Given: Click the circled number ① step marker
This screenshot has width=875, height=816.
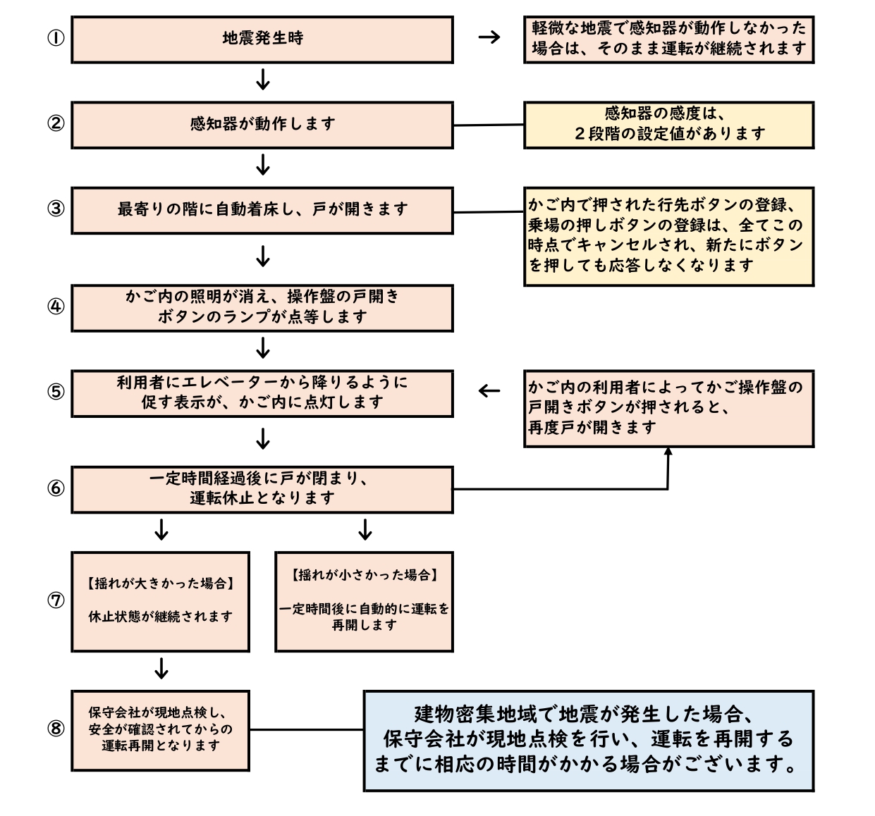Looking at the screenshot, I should point(56,38).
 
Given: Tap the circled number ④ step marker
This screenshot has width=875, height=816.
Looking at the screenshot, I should point(56,307).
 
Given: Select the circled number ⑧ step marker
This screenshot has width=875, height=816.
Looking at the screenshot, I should point(56,729).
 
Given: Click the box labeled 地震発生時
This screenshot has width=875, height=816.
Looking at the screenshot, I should point(262,39).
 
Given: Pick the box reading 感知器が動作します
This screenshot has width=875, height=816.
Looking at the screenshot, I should point(262,125).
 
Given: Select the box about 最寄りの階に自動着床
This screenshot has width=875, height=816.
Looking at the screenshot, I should point(262,210).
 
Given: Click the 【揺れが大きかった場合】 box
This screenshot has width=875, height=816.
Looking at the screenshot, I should point(160,601).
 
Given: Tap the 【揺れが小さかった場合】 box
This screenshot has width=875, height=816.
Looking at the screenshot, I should point(364,601).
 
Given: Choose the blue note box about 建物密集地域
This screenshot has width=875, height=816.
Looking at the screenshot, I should point(589,741).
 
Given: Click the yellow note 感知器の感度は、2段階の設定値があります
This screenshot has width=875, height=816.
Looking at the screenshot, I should point(668,125).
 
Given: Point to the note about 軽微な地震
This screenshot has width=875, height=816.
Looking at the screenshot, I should point(668,39).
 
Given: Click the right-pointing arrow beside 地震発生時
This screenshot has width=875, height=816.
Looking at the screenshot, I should point(489,37).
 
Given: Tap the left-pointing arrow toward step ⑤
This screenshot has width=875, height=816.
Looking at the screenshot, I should point(489,391).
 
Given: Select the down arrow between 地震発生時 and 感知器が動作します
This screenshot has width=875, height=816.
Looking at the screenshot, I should point(262,80).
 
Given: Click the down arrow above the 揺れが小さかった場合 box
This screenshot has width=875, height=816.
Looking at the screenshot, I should point(365,529).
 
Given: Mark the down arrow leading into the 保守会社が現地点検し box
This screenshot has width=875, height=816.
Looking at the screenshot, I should point(161,668).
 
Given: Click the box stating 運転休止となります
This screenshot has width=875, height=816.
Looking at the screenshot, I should point(262,489).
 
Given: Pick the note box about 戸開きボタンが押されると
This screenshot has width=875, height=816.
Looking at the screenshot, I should point(668,408).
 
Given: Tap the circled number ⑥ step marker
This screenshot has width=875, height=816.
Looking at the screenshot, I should point(56,488).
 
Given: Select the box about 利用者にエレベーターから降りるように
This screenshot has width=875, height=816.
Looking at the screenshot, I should point(262,393).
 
